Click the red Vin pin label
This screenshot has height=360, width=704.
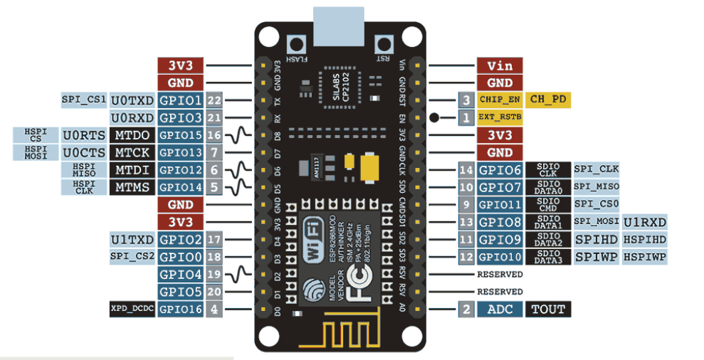pos(499,65)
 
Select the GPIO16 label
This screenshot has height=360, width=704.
pos(181,309)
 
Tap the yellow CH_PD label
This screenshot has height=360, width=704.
pos(549,100)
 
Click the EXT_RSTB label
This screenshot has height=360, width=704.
pos(500,117)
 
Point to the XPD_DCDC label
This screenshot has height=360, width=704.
pos(132,309)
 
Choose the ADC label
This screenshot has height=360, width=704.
pos(500,309)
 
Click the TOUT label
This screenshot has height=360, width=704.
pos(549,309)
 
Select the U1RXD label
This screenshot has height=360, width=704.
pos(645,222)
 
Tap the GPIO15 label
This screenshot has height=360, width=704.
pos(181,134)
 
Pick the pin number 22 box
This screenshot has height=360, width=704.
pos(214,100)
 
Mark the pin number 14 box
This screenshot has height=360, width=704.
pos(466,169)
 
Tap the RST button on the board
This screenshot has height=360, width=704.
pos(385,45)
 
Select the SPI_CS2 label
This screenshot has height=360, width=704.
pos(132,256)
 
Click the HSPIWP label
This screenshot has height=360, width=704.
pos(645,256)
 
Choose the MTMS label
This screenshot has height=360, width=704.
pos(132,187)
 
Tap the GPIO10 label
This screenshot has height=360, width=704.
pos(500,256)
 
